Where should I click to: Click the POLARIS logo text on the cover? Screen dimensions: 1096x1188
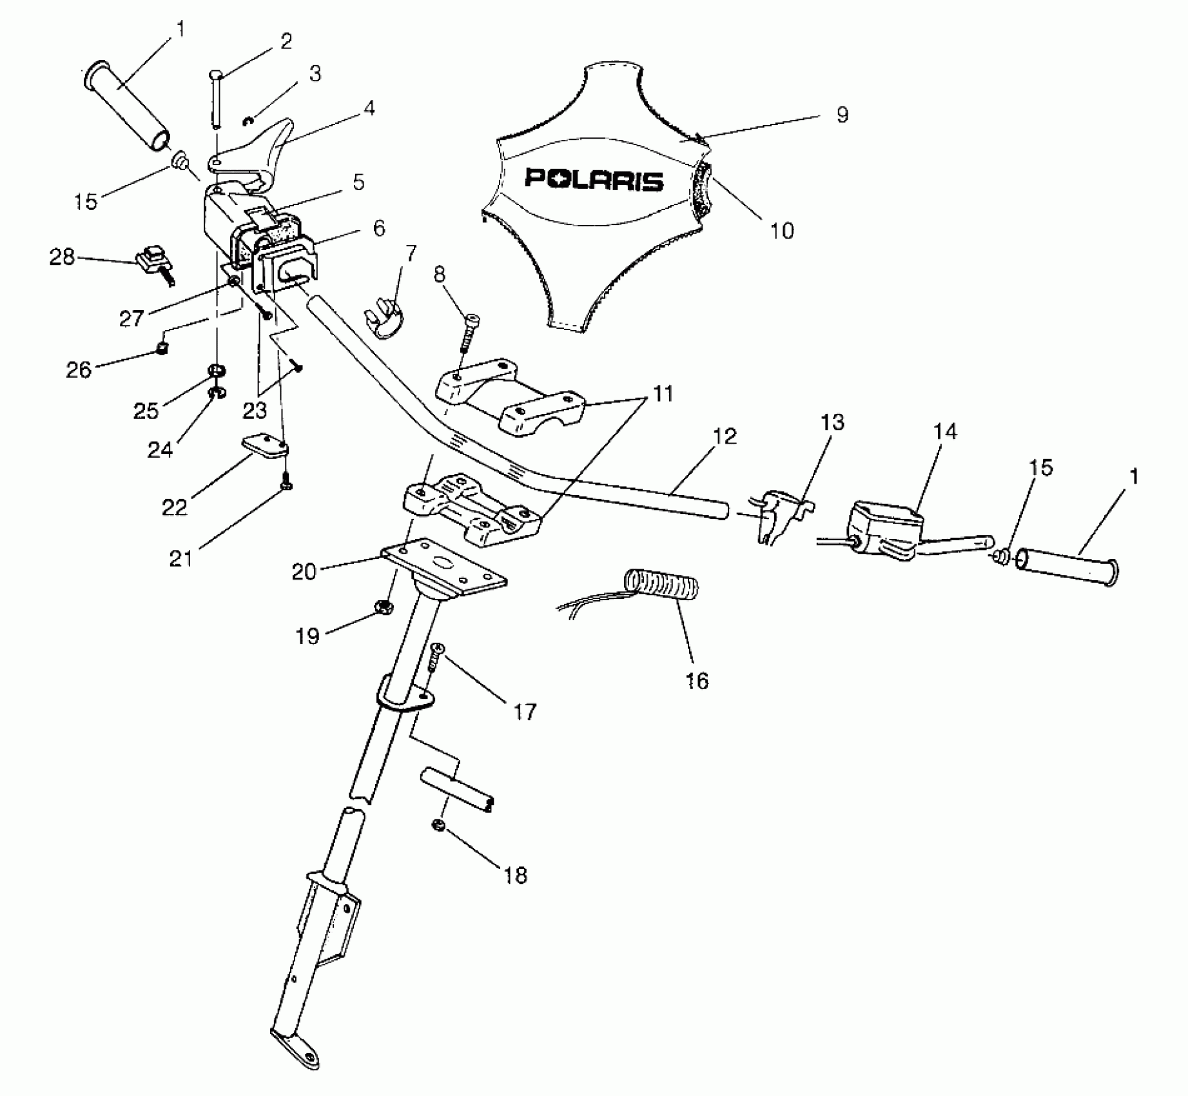click(594, 179)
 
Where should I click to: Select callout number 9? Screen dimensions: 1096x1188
click(842, 115)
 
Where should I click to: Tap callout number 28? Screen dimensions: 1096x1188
click(62, 257)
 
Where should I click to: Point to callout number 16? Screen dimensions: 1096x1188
click(697, 681)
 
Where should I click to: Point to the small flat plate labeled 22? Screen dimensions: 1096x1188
click(266, 447)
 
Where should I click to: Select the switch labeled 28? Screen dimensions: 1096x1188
click(153, 263)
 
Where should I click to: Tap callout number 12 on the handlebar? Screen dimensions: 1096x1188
click(725, 436)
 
